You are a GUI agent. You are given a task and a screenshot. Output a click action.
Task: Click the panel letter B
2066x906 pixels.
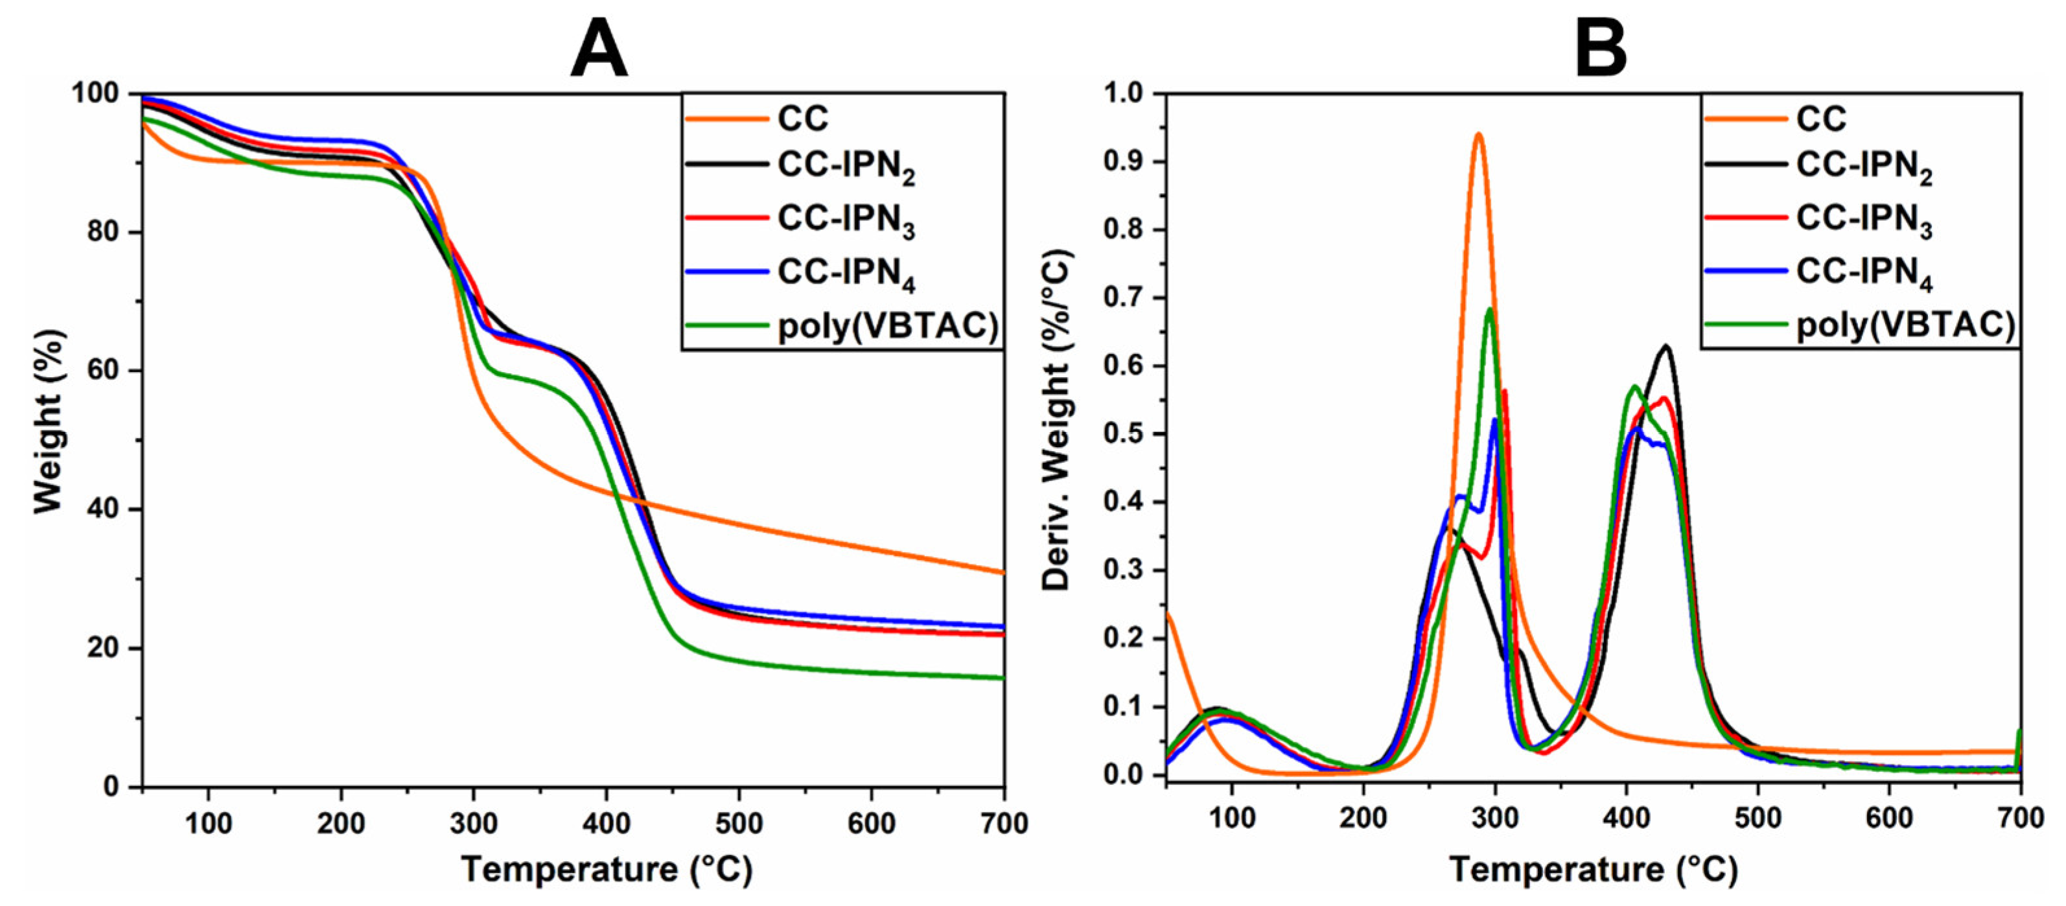pyautogui.click(x=1601, y=48)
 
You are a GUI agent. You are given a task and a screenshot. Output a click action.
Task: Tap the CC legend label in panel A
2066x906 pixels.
pyautogui.click(x=802, y=119)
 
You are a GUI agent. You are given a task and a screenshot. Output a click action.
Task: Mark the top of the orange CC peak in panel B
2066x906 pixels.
pyautogui.click(x=1478, y=134)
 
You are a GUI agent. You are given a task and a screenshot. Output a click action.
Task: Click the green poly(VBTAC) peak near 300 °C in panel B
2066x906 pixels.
pyautogui.click(x=1489, y=308)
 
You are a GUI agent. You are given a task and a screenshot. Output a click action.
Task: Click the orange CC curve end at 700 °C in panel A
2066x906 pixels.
pyautogui.click(x=1003, y=572)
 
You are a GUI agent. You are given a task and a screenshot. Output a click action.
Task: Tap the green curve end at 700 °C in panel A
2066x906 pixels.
pyautogui.click(x=1003, y=679)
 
